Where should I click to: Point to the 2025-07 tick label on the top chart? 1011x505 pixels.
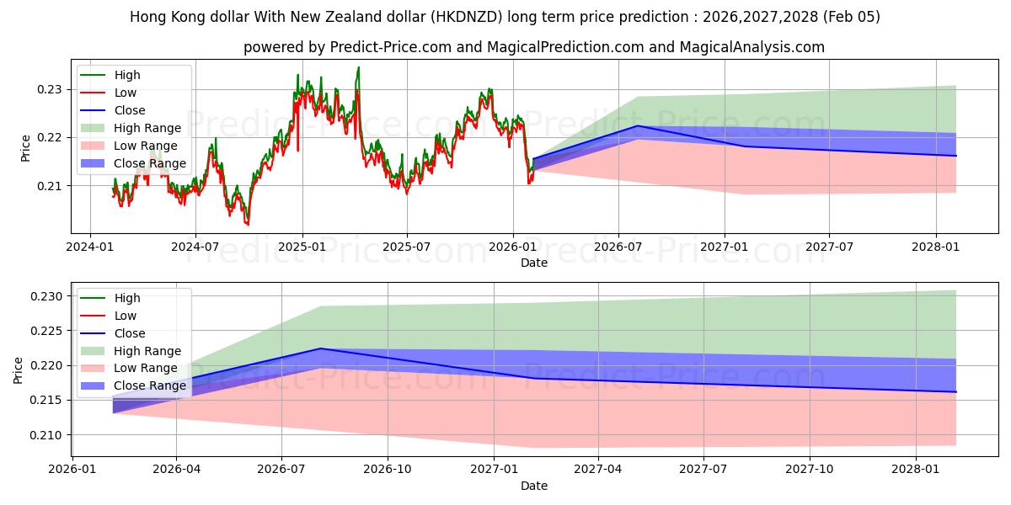click(x=407, y=247)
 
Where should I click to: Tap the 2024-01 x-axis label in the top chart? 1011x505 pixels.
click(x=90, y=247)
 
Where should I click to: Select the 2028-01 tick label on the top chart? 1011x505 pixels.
click(x=935, y=247)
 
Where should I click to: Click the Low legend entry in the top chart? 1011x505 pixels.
click(x=126, y=93)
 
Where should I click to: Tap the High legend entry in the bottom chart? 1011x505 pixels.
click(x=127, y=298)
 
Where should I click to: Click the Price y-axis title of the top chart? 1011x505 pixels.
click(x=25, y=148)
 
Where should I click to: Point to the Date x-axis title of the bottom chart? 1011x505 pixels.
click(x=534, y=486)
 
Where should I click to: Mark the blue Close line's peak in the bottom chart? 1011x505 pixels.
click(x=321, y=348)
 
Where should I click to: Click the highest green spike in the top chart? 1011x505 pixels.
click(x=358, y=67)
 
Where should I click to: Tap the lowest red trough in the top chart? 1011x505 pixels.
click(x=247, y=225)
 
